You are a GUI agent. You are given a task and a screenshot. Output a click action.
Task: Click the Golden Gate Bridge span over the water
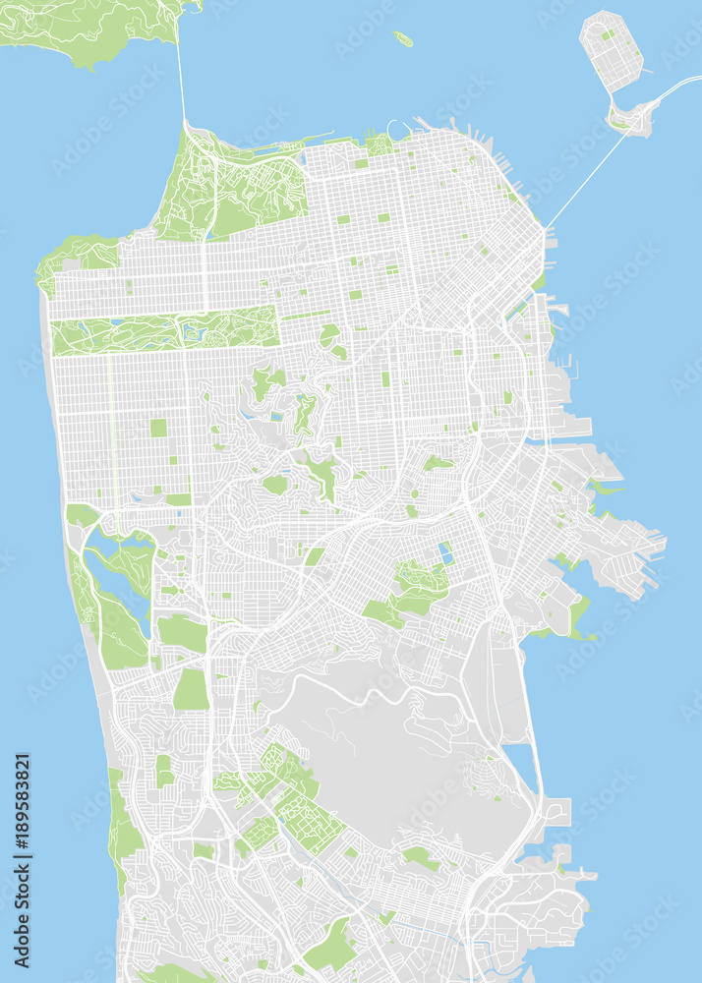coord(181,79)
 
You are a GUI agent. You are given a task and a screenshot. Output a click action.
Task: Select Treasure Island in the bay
coord(610,49)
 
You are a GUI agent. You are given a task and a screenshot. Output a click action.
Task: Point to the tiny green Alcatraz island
coord(402,39)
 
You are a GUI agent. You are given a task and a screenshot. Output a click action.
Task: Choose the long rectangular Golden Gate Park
coord(162,331)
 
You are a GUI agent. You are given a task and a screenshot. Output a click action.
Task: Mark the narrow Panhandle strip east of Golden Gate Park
coord(305,316)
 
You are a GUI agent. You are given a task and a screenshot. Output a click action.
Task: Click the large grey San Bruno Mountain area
coord(393,747)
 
